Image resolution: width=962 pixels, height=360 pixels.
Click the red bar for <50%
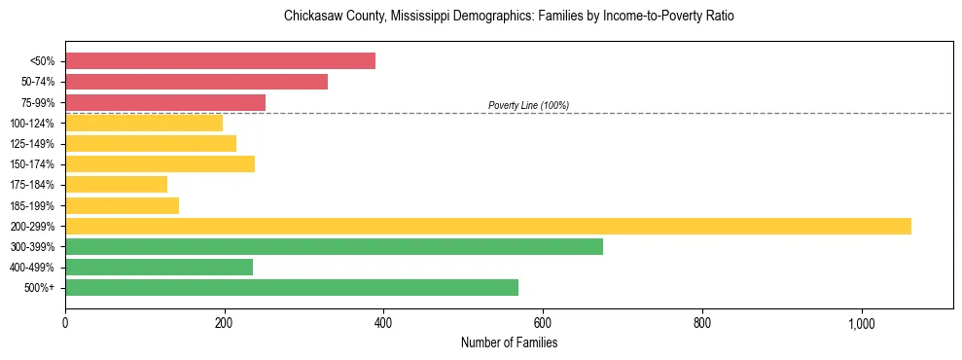(220, 61)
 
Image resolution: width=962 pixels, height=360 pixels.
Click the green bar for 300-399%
(334, 246)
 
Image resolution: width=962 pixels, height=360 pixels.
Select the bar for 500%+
(292, 287)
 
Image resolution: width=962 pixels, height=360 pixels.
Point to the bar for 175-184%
(116, 184)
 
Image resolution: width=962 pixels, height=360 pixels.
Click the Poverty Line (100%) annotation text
(528, 105)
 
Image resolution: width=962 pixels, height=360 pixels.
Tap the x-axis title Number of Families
(509, 342)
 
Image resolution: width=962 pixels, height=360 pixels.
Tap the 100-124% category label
(32, 124)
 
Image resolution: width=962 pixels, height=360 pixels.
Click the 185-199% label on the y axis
(32, 205)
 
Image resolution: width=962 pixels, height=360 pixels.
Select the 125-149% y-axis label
(32, 144)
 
